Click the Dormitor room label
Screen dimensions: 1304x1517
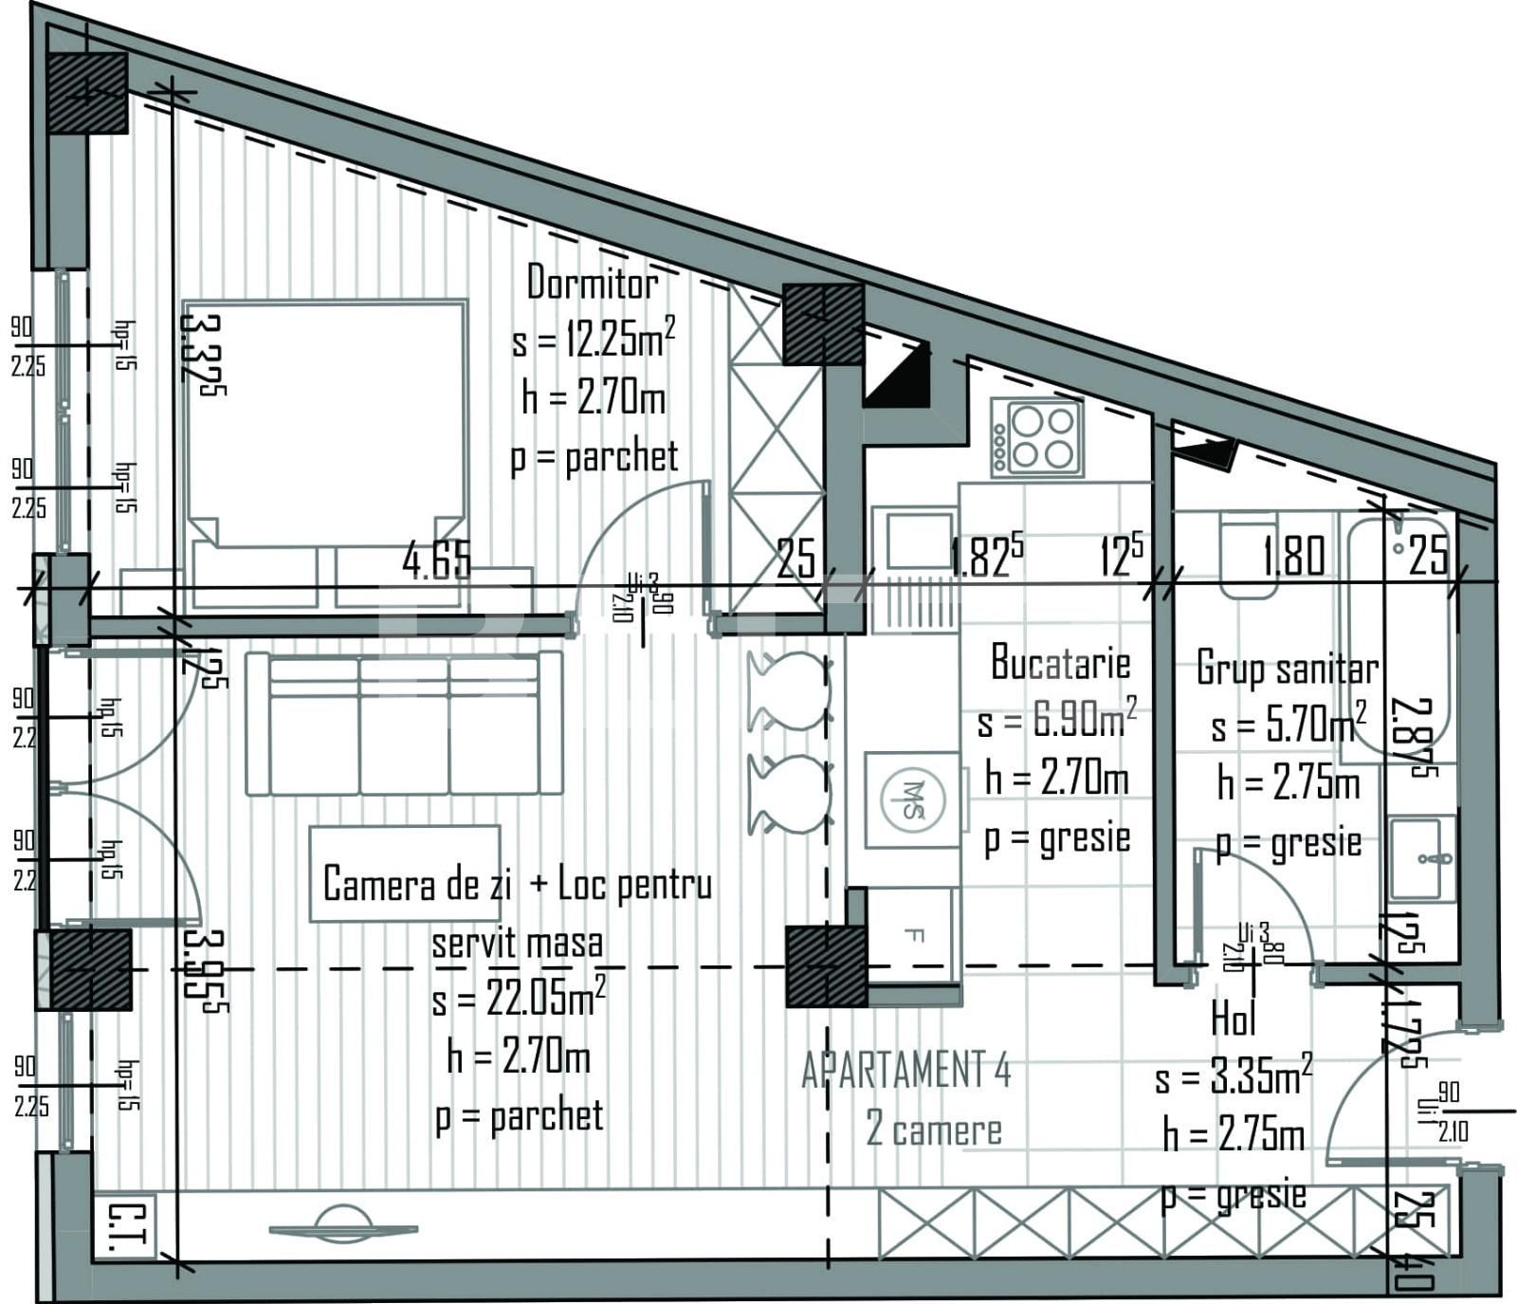tap(592, 283)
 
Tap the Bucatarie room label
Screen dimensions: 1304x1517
tap(1060, 663)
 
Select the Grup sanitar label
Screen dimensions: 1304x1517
tap(1287, 668)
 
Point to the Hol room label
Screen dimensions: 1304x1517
tap(1234, 1019)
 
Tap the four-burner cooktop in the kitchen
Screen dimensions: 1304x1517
tap(1037, 437)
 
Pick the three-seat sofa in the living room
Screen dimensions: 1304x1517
tap(404, 724)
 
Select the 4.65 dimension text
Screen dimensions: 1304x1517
tap(436, 561)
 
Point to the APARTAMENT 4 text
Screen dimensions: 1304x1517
tap(905, 1071)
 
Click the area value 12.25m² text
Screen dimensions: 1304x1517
tap(594, 340)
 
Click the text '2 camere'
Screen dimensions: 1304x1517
tap(933, 1130)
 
